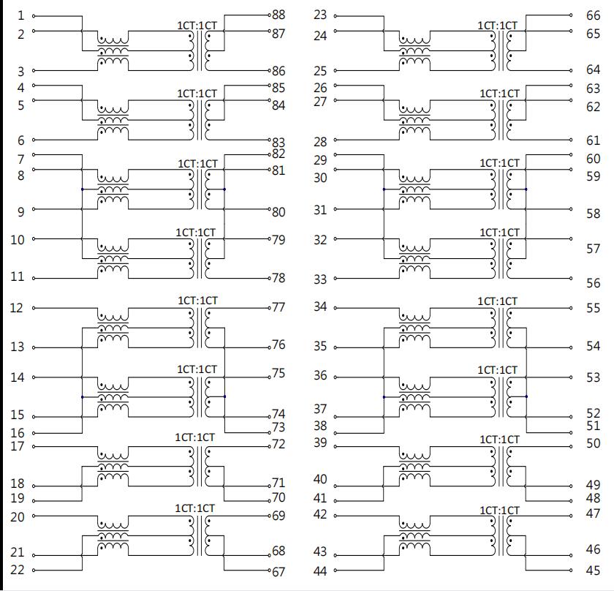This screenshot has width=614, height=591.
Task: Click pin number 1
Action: [x=20, y=15]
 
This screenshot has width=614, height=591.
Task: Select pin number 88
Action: [x=278, y=15]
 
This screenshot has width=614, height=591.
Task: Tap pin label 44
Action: [x=320, y=571]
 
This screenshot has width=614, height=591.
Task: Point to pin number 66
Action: [x=594, y=15]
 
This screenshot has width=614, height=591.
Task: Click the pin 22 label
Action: [x=18, y=570]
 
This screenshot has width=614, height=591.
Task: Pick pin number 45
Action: [x=594, y=571]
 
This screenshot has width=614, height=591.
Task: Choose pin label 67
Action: [x=278, y=572]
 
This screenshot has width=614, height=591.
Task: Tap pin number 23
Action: [x=320, y=15]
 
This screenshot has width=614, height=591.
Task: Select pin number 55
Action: [x=594, y=309]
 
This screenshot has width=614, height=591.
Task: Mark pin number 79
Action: [x=278, y=240]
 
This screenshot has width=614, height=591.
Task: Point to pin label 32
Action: [x=320, y=240]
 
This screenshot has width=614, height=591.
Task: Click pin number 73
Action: [x=278, y=427]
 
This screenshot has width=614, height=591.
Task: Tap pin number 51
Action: [x=594, y=426]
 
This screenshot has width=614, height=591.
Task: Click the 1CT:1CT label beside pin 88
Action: [x=197, y=26]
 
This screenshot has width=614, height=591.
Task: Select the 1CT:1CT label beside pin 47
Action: [x=500, y=511]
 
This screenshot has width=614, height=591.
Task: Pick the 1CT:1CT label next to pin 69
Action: [x=194, y=508]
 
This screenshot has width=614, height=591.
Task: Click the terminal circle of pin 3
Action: [x=34, y=70]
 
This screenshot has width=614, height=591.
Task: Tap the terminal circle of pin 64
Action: [x=571, y=70]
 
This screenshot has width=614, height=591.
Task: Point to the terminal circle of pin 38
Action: [x=336, y=433]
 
